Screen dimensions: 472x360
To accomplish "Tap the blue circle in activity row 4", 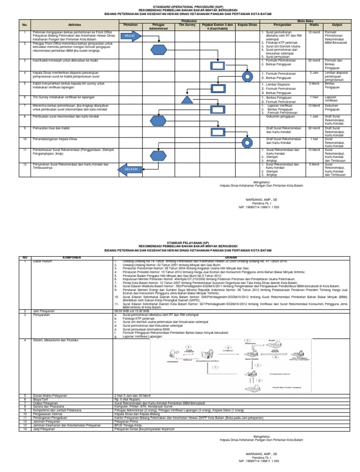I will coord(247,76).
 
